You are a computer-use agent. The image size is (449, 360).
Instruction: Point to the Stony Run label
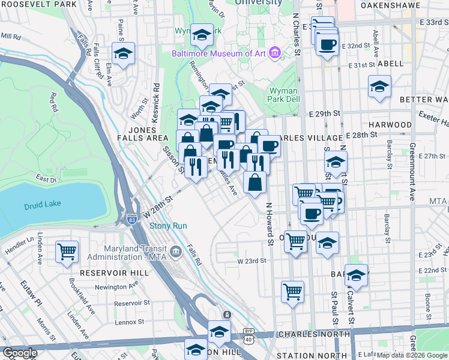[x=169, y=226]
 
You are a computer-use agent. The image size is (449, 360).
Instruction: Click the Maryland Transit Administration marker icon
[x=175, y=251]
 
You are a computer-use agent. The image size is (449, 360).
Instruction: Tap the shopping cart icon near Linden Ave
[x=67, y=251]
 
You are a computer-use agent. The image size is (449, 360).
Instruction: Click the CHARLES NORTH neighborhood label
[x=312, y=334]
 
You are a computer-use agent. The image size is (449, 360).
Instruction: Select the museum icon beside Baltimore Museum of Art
[x=276, y=53]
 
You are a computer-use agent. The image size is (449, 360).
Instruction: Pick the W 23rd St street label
[x=251, y=261]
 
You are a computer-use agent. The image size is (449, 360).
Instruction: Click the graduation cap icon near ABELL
[x=379, y=86]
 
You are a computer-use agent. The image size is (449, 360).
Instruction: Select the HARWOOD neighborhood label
[x=390, y=125]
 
